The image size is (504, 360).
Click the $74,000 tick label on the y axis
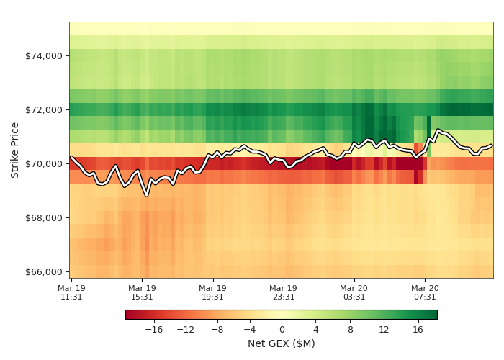coord(43,55)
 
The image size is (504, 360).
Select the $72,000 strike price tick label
coord(43,109)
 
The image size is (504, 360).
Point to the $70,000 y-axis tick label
coord(43,163)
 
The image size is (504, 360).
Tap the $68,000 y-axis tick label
coord(43,217)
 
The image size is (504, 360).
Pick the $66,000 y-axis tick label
coord(43,271)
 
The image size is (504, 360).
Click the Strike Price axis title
coord(15,150)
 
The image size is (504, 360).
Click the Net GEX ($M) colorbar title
coord(281,343)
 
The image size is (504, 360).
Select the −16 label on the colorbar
coord(153,329)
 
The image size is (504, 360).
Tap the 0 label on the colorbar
coord(282,329)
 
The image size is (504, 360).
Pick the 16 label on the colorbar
coord(417,329)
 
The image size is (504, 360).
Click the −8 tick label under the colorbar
coord(217,329)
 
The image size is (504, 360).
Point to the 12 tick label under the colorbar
coord(384,329)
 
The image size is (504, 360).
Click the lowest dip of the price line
coord(146,195)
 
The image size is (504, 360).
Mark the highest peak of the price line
coord(438,130)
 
